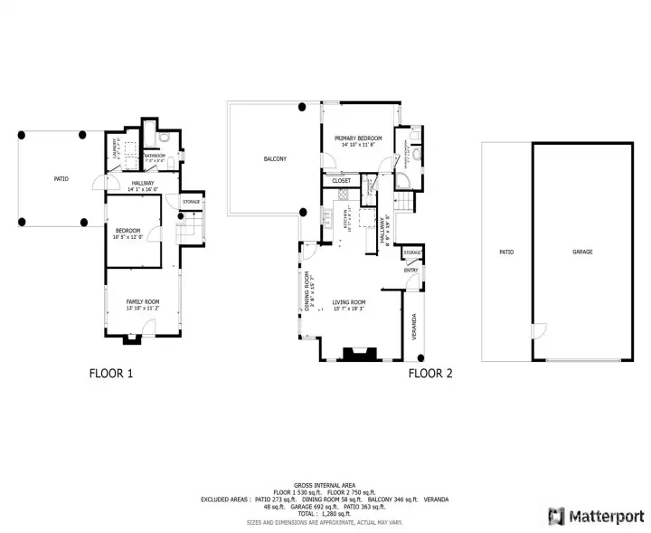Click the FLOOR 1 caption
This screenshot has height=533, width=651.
[111, 372]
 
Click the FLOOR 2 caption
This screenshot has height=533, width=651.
[430, 372]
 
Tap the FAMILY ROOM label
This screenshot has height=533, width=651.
[142, 301]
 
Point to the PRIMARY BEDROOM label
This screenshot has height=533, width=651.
[358, 138]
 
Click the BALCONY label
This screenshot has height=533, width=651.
[275, 159]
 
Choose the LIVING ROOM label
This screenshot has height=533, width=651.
[348, 302]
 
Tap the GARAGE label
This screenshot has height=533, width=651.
[582, 252]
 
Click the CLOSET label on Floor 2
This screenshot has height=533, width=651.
[342, 181]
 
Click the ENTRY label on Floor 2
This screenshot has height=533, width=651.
[411, 270]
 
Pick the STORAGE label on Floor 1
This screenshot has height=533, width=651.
[191, 201]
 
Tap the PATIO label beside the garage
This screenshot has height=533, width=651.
[506, 252]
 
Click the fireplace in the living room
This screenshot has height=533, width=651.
[354, 354]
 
